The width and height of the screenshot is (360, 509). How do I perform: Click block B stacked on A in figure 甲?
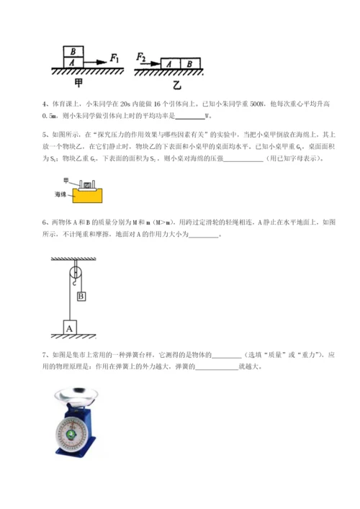74,52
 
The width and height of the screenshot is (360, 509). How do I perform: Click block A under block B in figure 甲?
74,63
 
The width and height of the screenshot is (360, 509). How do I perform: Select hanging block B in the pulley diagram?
81,296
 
